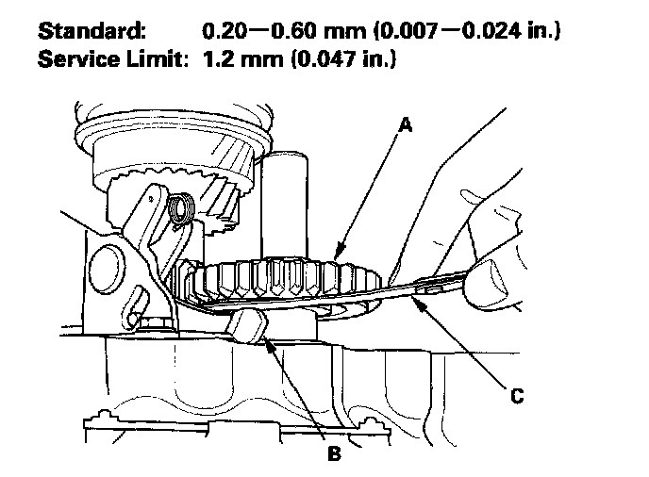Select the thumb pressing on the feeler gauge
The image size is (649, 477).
point(491,282)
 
